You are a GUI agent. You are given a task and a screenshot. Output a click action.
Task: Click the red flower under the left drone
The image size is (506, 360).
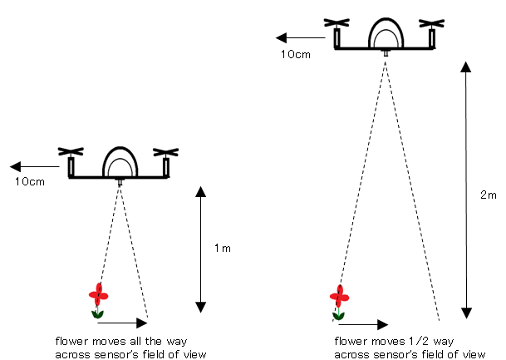point(99,296)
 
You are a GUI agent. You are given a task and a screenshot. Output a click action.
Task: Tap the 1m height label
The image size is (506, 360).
point(222,248)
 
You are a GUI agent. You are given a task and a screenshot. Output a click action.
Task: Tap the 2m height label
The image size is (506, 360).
point(488,195)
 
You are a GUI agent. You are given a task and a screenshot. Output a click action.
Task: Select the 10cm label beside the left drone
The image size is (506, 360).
point(29,180)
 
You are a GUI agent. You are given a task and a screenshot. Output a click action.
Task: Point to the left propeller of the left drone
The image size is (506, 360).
point(71,152)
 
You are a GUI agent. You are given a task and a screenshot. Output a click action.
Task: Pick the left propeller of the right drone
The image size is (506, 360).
point(337,23)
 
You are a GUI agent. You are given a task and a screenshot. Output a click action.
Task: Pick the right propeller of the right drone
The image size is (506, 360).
point(433,23)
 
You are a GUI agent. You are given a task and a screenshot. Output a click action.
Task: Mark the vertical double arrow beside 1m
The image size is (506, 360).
point(200,246)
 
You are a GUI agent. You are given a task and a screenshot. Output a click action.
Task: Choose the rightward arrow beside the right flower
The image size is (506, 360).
point(367,323)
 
